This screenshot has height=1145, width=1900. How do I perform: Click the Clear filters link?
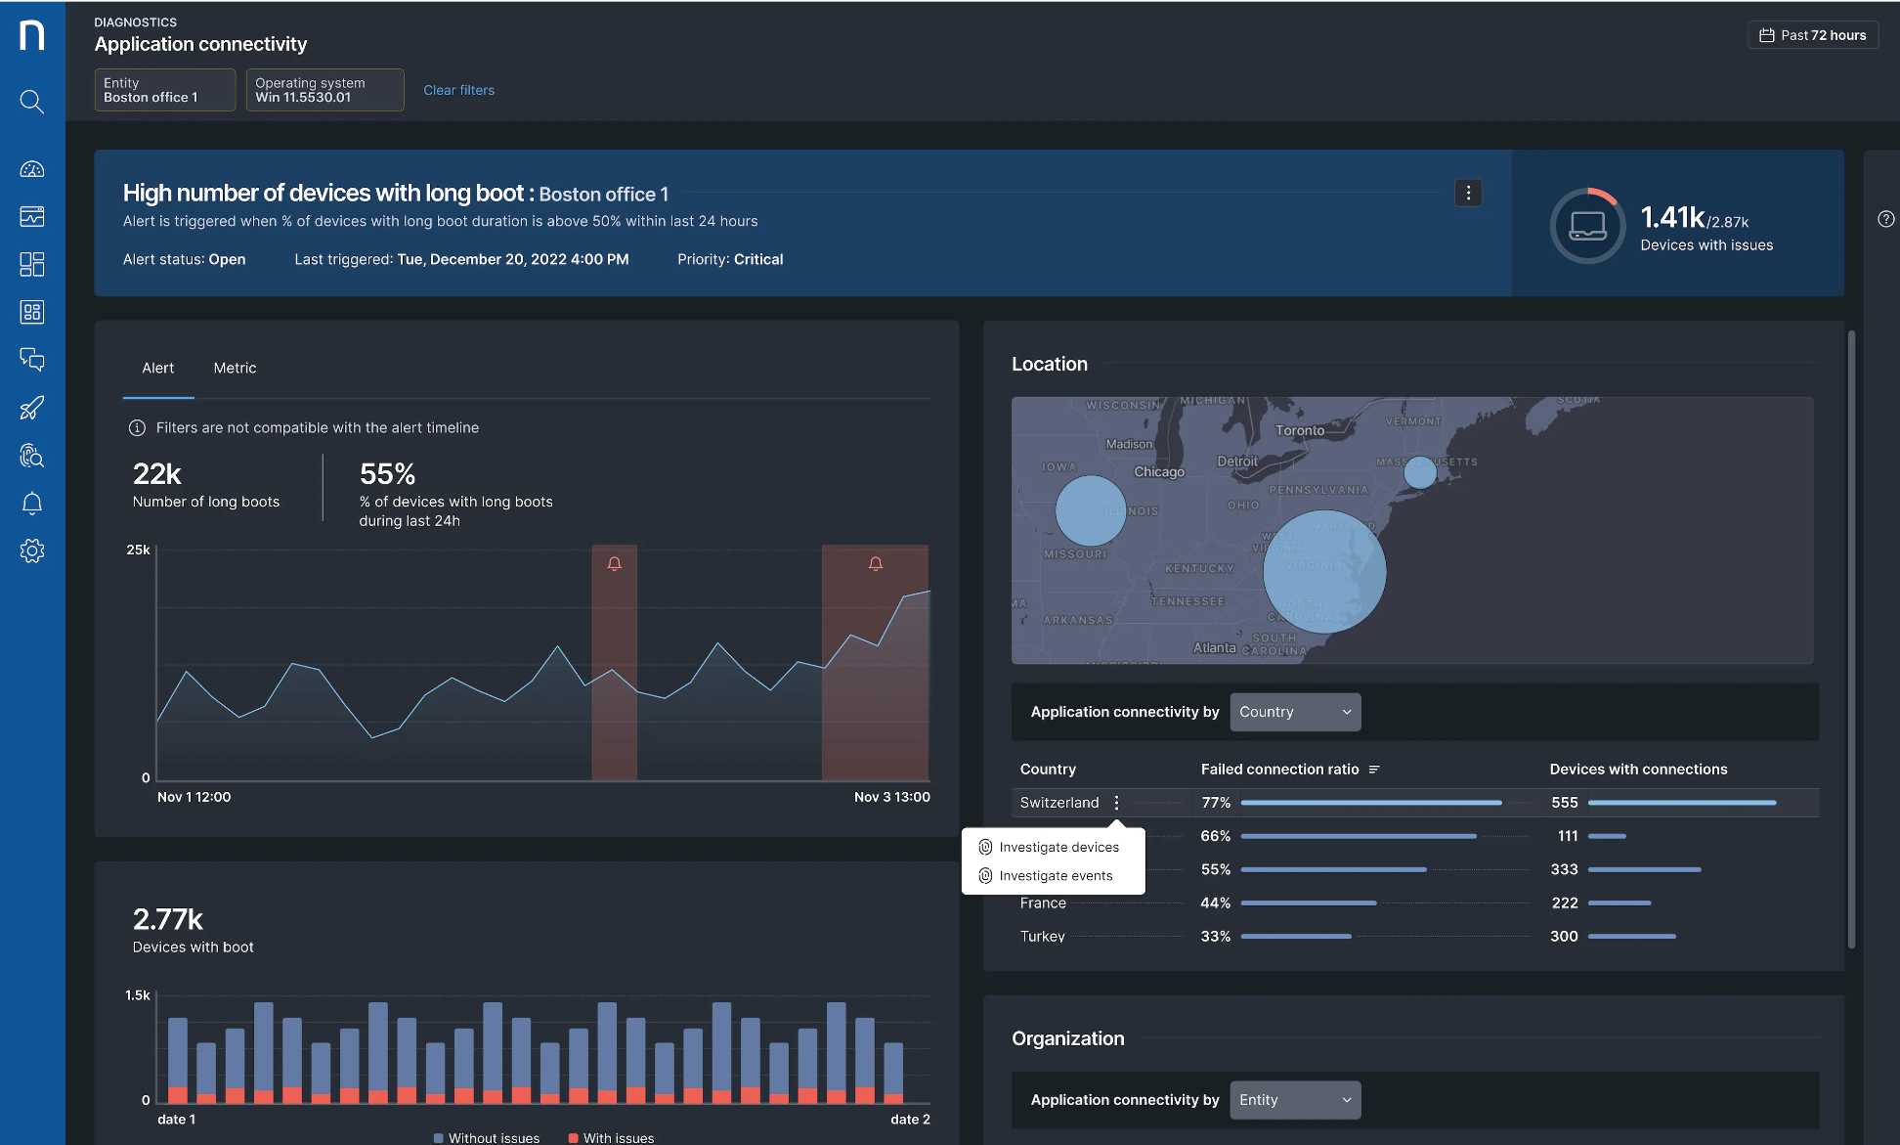click(458, 90)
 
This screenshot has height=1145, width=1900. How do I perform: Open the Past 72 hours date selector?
click(1813, 35)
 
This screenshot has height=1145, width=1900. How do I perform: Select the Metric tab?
click(235, 368)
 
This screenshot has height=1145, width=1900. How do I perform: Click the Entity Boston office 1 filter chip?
click(164, 90)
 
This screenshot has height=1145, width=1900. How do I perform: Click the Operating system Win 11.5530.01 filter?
click(324, 90)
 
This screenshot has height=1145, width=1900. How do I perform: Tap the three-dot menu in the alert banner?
click(1468, 193)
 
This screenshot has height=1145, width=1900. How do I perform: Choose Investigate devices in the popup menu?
click(1058, 847)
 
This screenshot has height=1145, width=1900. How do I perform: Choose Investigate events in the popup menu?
click(1055, 875)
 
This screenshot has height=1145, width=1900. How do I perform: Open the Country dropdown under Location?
click(1295, 712)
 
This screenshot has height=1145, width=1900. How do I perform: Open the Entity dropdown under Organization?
click(1295, 1100)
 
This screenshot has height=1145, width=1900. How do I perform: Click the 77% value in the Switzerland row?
click(1215, 803)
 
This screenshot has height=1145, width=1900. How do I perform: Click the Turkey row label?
click(1042, 937)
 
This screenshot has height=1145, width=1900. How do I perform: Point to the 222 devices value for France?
click(1564, 903)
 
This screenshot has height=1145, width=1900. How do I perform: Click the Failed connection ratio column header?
click(1279, 770)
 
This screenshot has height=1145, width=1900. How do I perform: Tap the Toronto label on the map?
click(1299, 430)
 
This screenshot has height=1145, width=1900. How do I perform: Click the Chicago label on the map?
click(1158, 472)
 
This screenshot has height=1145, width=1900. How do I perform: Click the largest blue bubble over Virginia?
click(1323, 572)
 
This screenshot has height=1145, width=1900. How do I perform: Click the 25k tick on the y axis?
click(138, 550)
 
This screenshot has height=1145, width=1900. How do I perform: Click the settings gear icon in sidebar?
click(32, 550)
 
